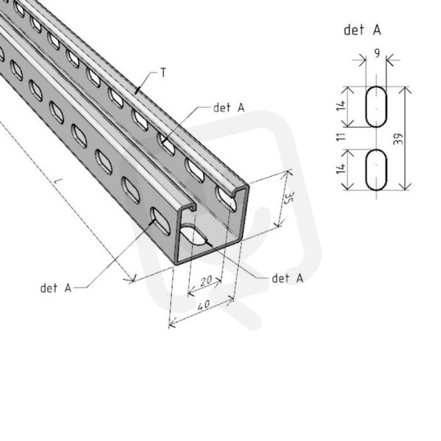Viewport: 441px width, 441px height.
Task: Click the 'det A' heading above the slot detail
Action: pyautogui.click(x=362, y=30)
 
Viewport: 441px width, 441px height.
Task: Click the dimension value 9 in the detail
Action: pyautogui.click(x=377, y=53)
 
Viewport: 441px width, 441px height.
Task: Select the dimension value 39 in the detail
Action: pyautogui.click(x=398, y=139)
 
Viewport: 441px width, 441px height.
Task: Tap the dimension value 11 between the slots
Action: pyautogui.click(x=342, y=137)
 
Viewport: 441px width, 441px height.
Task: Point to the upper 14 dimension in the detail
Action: pyautogui.click(x=342, y=105)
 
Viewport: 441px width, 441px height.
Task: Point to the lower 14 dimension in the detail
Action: pyautogui.click(x=342, y=168)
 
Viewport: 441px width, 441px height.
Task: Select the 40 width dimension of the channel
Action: pyautogui.click(x=204, y=305)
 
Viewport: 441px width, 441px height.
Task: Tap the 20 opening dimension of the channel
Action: pyautogui.click(x=206, y=281)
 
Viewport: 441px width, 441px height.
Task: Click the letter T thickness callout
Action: pyautogui.click(x=163, y=73)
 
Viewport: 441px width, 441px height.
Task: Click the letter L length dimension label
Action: pyautogui.click(x=57, y=181)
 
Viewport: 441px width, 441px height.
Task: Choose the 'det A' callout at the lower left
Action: pyautogui.click(x=56, y=288)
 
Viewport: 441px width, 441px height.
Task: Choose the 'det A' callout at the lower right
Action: pyautogui.click(x=287, y=278)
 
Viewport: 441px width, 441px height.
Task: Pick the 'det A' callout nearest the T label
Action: pyautogui.click(x=229, y=107)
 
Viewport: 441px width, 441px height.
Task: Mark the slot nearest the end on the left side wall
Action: pyautogui.click(x=160, y=221)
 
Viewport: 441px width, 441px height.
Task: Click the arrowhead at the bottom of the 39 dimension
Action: pyautogui.click(x=405, y=187)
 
